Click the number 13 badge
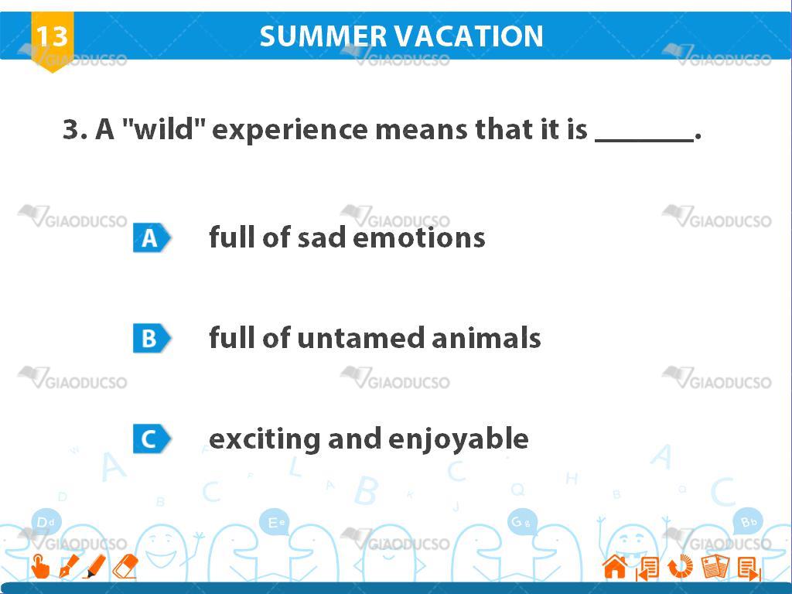pos(52,40)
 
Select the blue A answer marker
pos(152,237)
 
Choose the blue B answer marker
pos(152,338)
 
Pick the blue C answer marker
pos(152,439)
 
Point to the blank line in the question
pos(644,140)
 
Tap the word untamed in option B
pos(360,338)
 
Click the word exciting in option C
pos(265,439)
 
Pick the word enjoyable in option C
pos(458,439)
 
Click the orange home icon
pos(615,566)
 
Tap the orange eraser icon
pos(125,566)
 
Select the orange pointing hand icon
pos(40,566)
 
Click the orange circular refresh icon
pos(681,566)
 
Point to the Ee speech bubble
pos(276,522)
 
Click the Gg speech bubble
pos(521,522)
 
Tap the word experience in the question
pos(290,130)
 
